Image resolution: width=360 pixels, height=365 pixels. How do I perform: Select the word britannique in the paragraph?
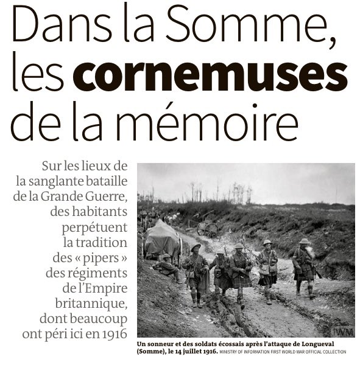coord(92,302)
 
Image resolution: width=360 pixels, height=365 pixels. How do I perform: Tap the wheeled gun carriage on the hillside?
coord(208,229)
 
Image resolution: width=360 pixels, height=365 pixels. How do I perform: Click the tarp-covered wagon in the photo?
coord(161,238)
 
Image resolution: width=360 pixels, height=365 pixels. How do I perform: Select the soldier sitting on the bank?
coord(166,266)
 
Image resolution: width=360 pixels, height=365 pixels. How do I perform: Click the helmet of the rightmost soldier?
coord(304,242)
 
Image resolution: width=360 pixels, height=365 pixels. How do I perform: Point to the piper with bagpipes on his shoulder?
coord(196,268)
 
